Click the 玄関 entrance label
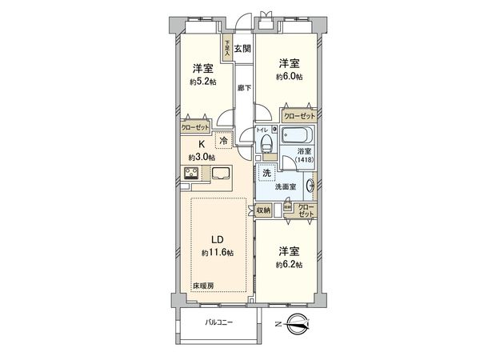[x=242, y=48]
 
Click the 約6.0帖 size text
[x=288, y=77]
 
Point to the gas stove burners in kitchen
[x=194, y=174]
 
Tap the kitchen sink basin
[x=222, y=173]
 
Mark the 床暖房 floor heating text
[x=202, y=284]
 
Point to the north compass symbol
[x=296, y=325]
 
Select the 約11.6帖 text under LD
[x=217, y=253]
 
